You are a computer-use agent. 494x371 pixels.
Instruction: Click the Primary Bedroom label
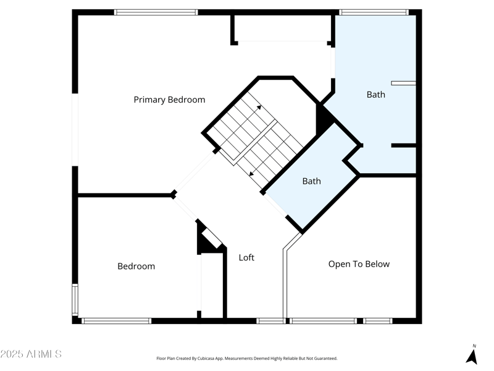(169, 100)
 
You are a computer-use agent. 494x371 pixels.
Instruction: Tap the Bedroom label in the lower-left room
(136, 267)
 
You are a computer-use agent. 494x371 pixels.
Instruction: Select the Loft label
(246, 257)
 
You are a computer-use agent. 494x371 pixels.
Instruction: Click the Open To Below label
(359, 264)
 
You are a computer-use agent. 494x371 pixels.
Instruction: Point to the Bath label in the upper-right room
(375, 95)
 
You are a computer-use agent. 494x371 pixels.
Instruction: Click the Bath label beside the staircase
(311, 181)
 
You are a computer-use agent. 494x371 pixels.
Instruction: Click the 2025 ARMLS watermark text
(31, 354)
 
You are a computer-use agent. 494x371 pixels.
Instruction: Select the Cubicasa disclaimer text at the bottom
(247, 358)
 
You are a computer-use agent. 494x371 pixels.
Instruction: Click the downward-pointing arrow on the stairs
(251, 174)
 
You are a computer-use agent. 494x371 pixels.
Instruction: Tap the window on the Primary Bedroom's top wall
(156, 12)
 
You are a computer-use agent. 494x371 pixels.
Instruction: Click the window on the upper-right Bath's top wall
(374, 12)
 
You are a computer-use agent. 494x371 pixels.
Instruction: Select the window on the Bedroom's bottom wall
(116, 321)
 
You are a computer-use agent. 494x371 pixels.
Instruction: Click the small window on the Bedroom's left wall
(75, 299)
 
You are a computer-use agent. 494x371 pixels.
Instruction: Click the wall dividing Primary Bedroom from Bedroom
(124, 195)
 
